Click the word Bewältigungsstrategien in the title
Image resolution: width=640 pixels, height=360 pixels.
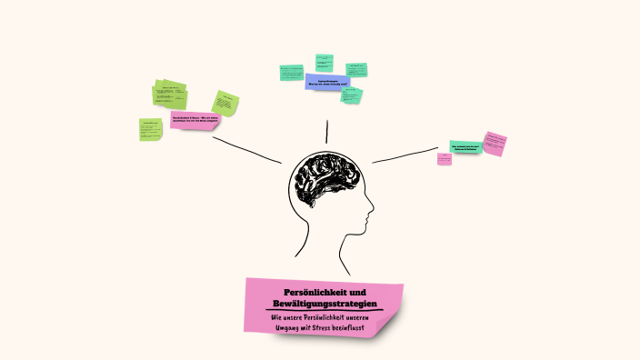[x=325, y=302]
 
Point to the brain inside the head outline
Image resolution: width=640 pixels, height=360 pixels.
[x=325, y=180]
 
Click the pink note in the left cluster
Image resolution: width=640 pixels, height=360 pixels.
[x=195, y=119]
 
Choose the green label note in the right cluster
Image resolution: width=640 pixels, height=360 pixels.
[x=465, y=146]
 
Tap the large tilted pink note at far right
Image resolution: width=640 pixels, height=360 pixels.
[x=495, y=143]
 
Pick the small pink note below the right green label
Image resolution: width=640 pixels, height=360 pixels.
[x=445, y=159]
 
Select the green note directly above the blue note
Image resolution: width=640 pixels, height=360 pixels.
[x=325, y=62]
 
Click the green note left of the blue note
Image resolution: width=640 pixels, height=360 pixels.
[x=291, y=72]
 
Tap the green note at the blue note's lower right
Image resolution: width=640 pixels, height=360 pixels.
[x=352, y=94]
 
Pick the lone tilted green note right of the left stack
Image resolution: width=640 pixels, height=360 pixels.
[x=225, y=103]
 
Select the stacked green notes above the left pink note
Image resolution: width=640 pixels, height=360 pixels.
[x=169, y=94]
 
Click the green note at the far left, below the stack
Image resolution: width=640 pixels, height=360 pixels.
[x=151, y=129]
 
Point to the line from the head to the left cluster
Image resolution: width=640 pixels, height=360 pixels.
[x=246, y=148]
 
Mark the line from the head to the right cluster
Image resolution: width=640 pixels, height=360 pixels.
[x=405, y=155]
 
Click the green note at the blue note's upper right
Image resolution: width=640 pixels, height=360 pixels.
[x=356, y=70]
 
